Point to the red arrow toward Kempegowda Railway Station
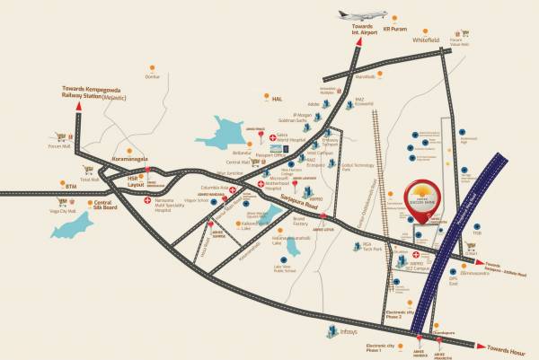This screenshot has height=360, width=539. click(x=81, y=108)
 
